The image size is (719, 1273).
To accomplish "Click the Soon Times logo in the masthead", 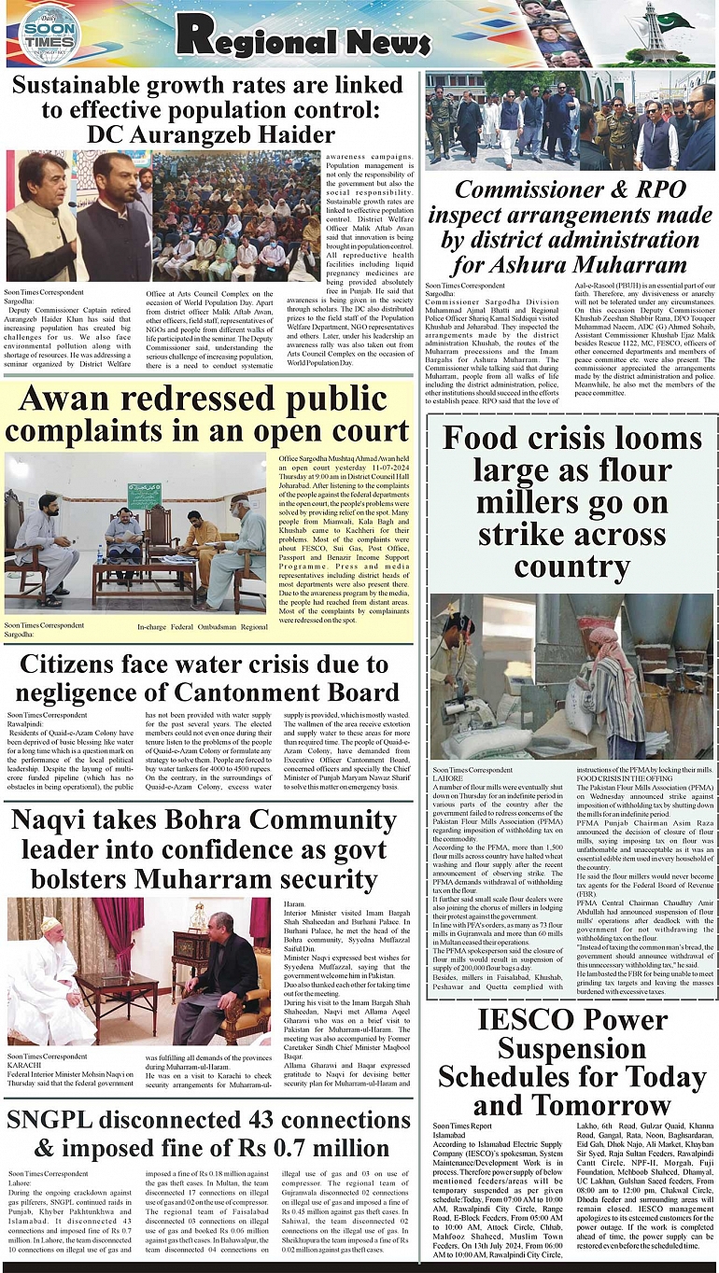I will [x=49, y=34].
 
